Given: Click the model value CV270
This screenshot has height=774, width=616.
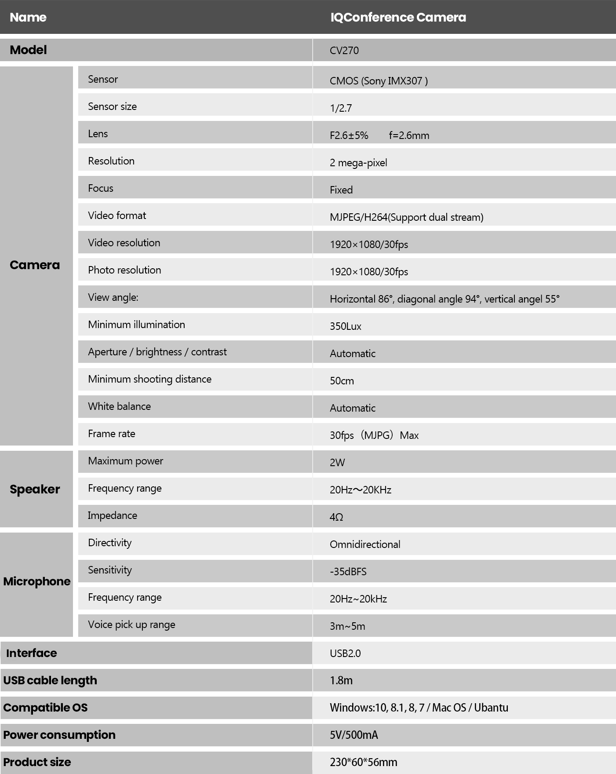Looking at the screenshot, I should click(x=344, y=51).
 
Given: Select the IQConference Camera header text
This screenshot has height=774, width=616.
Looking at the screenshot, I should click(x=398, y=18).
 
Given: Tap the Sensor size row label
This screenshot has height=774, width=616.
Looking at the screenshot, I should click(x=112, y=106).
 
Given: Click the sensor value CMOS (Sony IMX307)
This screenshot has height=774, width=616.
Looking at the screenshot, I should click(x=379, y=81).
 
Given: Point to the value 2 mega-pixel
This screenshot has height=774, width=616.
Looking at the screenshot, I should click(x=358, y=163).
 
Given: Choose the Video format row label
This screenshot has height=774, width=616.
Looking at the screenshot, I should click(x=117, y=215).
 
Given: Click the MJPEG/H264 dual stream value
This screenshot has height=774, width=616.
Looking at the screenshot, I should click(x=406, y=217).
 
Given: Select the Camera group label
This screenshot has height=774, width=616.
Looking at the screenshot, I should click(x=35, y=265).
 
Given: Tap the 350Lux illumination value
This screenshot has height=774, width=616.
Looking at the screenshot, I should click(x=346, y=326).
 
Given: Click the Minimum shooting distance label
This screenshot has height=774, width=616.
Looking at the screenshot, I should click(x=149, y=379).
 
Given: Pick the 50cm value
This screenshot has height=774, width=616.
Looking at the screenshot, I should click(x=342, y=381).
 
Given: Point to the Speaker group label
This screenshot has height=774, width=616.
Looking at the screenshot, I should click(x=35, y=489).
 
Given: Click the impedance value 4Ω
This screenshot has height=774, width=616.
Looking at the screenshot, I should click(x=336, y=517).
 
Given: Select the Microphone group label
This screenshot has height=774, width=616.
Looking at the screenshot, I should click(x=36, y=581).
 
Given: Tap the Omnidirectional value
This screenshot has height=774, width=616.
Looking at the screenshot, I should click(x=365, y=544).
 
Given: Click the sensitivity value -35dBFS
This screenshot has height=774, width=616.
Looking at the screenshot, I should click(x=348, y=572).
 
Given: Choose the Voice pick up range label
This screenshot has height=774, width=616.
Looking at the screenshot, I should click(x=131, y=624).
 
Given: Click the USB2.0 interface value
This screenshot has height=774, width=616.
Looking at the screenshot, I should click(x=345, y=654).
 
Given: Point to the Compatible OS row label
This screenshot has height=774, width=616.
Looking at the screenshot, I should click(x=45, y=708).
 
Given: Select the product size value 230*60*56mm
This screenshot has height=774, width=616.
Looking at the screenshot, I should click(x=363, y=762).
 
